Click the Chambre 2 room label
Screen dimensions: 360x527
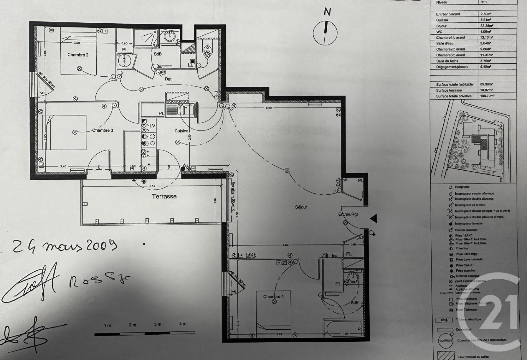[x=78, y=55]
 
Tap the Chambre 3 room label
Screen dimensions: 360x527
[x=103, y=130]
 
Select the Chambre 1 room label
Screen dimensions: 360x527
[x=273, y=296]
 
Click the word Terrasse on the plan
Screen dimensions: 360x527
[x=164, y=196]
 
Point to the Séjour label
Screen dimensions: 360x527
[x=301, y=207]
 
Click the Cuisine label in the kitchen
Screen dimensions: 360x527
[x=181, y=131]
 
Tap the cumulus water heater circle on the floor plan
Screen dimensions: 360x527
[x=124, y=60]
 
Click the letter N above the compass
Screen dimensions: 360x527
[x=327, y=12]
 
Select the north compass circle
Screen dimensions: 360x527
[x=325, y=33]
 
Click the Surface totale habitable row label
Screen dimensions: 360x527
[x=454, y=85]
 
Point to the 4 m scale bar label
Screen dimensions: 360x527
[x=183, y=324]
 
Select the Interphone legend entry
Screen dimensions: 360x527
[x=462, y=187]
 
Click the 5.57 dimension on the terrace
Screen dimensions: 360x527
[x=152, y=186]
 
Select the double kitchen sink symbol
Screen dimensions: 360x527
[x=186, y=110]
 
